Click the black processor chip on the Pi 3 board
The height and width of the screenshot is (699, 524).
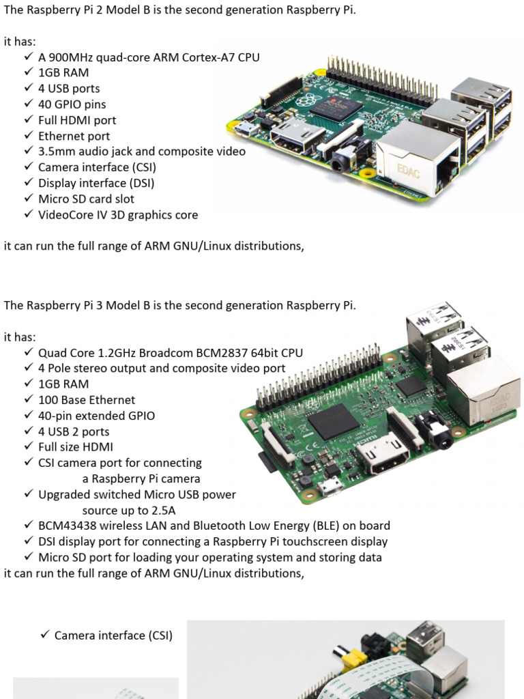[x=334, y=422]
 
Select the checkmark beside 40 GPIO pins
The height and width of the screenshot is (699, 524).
[x=29, y=104]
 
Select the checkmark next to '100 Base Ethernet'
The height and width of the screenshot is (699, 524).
[x=29, y=399]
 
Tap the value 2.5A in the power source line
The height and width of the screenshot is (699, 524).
[x=163, y=511]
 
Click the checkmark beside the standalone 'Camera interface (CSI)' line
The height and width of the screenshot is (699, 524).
[x=44, y=634]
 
